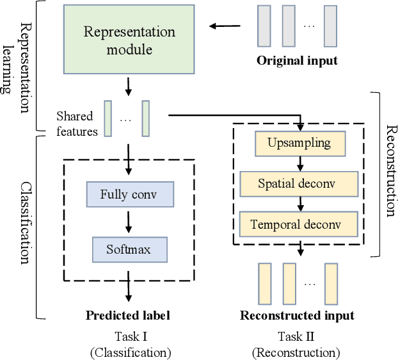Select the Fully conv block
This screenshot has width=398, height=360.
(128, 193)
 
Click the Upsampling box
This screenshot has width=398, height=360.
(300, 142)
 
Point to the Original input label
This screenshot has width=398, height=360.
(297, 61)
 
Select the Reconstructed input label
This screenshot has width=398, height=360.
(297, 315)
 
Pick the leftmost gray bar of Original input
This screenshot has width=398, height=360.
(264, 26)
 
